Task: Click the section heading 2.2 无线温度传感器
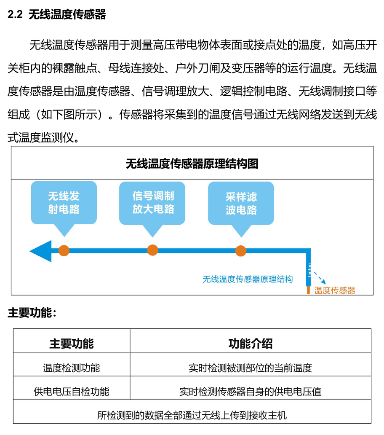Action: point(56,14)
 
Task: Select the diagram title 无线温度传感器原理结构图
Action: point(192,164)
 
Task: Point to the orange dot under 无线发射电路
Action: point(64,251)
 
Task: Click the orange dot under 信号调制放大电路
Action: point(153,250)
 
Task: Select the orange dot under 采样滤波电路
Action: point(241,251)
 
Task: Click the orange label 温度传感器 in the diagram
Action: point(335,290)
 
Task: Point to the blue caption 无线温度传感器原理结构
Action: point(248,279)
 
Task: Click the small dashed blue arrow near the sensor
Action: point(320,278)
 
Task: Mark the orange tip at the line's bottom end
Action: point(308,290)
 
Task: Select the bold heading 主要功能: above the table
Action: point(32,313)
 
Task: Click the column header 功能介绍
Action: point(251,344)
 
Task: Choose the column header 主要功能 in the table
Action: point(72,344)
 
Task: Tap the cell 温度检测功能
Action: point(72,368)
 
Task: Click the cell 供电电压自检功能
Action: point(72,392)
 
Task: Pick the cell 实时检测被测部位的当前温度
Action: point(251,368)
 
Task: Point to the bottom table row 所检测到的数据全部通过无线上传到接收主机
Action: point(192,415)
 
